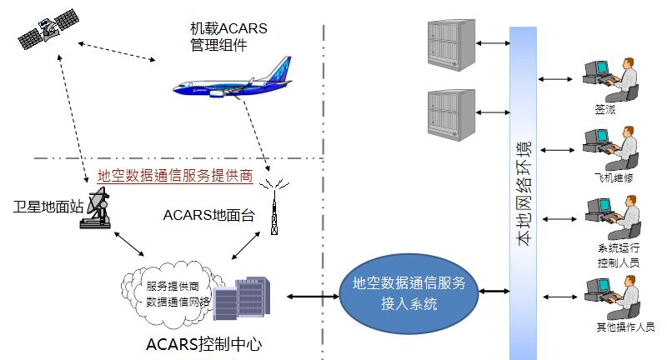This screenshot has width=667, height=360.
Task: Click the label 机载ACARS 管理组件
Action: tap(223, 37)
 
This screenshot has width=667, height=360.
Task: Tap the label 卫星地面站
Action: tap(49, 206)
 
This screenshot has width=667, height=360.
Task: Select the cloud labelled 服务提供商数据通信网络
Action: tap(171, 292)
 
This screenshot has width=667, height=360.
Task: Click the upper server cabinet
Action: tap(451, 43)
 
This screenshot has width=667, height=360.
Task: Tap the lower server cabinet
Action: tap(451, 112)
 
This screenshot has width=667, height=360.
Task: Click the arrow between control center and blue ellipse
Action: tap(310, 296)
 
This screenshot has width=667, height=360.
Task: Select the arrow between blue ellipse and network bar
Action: tap(494, 291)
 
